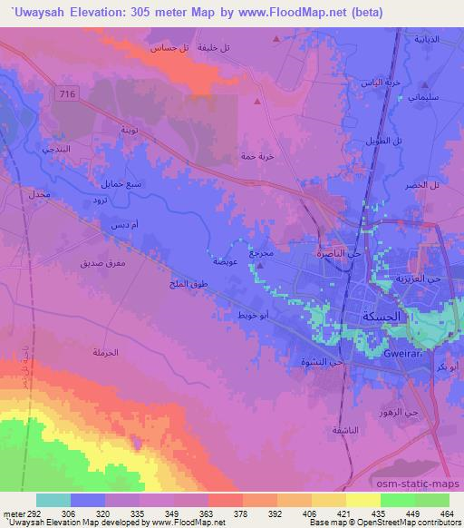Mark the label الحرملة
tap(106, 352)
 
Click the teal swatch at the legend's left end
tap(53, 500)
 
